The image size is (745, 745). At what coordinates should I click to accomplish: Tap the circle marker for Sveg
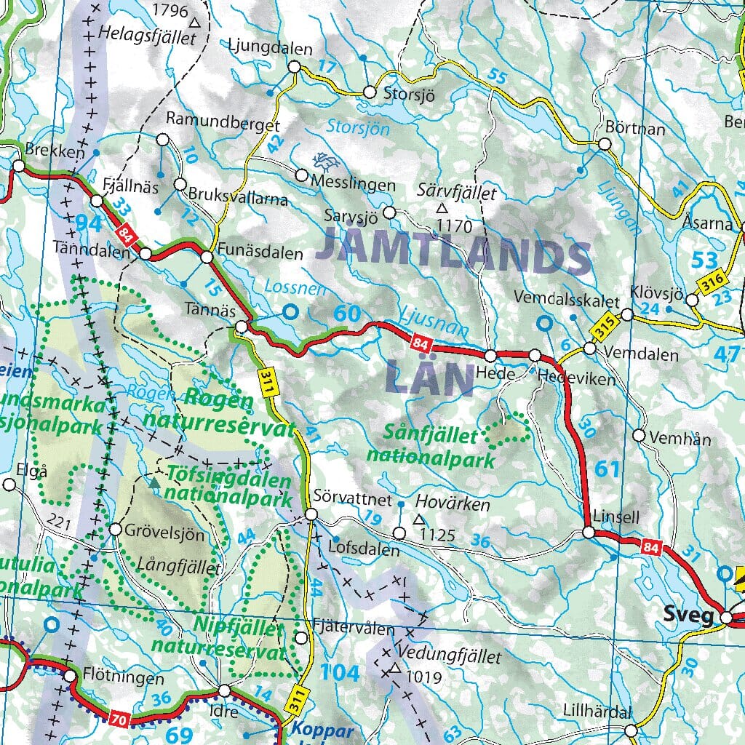click(726, 617)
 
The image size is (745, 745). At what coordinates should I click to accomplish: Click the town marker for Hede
click(491, 356)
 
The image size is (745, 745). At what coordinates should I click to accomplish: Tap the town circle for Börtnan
click(605, 144)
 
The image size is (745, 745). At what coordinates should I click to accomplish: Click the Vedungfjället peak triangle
click(395, 668)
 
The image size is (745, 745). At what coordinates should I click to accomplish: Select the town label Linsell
click(616, 517)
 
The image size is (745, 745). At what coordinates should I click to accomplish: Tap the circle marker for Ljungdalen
click(295, 67)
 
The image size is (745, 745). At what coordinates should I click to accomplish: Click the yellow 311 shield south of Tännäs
click(267, 383)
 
